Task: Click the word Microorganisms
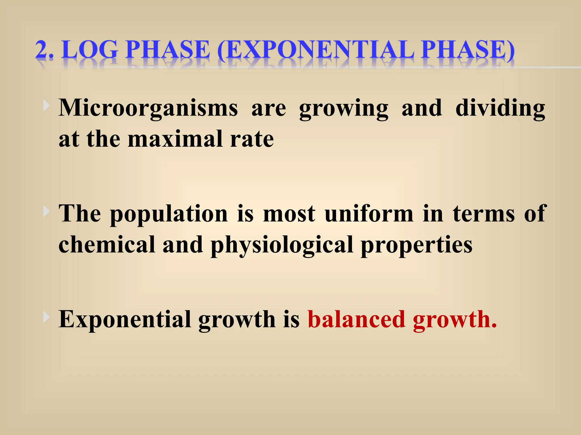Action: [x=148, y=108]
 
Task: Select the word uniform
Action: [x=369, y=214]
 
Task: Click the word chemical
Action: [x=107, y=245]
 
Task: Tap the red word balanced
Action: [x=356, y=319]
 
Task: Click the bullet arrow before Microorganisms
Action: [x=46, y=106]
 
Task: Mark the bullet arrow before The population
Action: [x=46, y=212]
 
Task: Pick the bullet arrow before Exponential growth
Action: [x=46, y=317]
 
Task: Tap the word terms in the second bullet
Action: [x=484, y=214]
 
